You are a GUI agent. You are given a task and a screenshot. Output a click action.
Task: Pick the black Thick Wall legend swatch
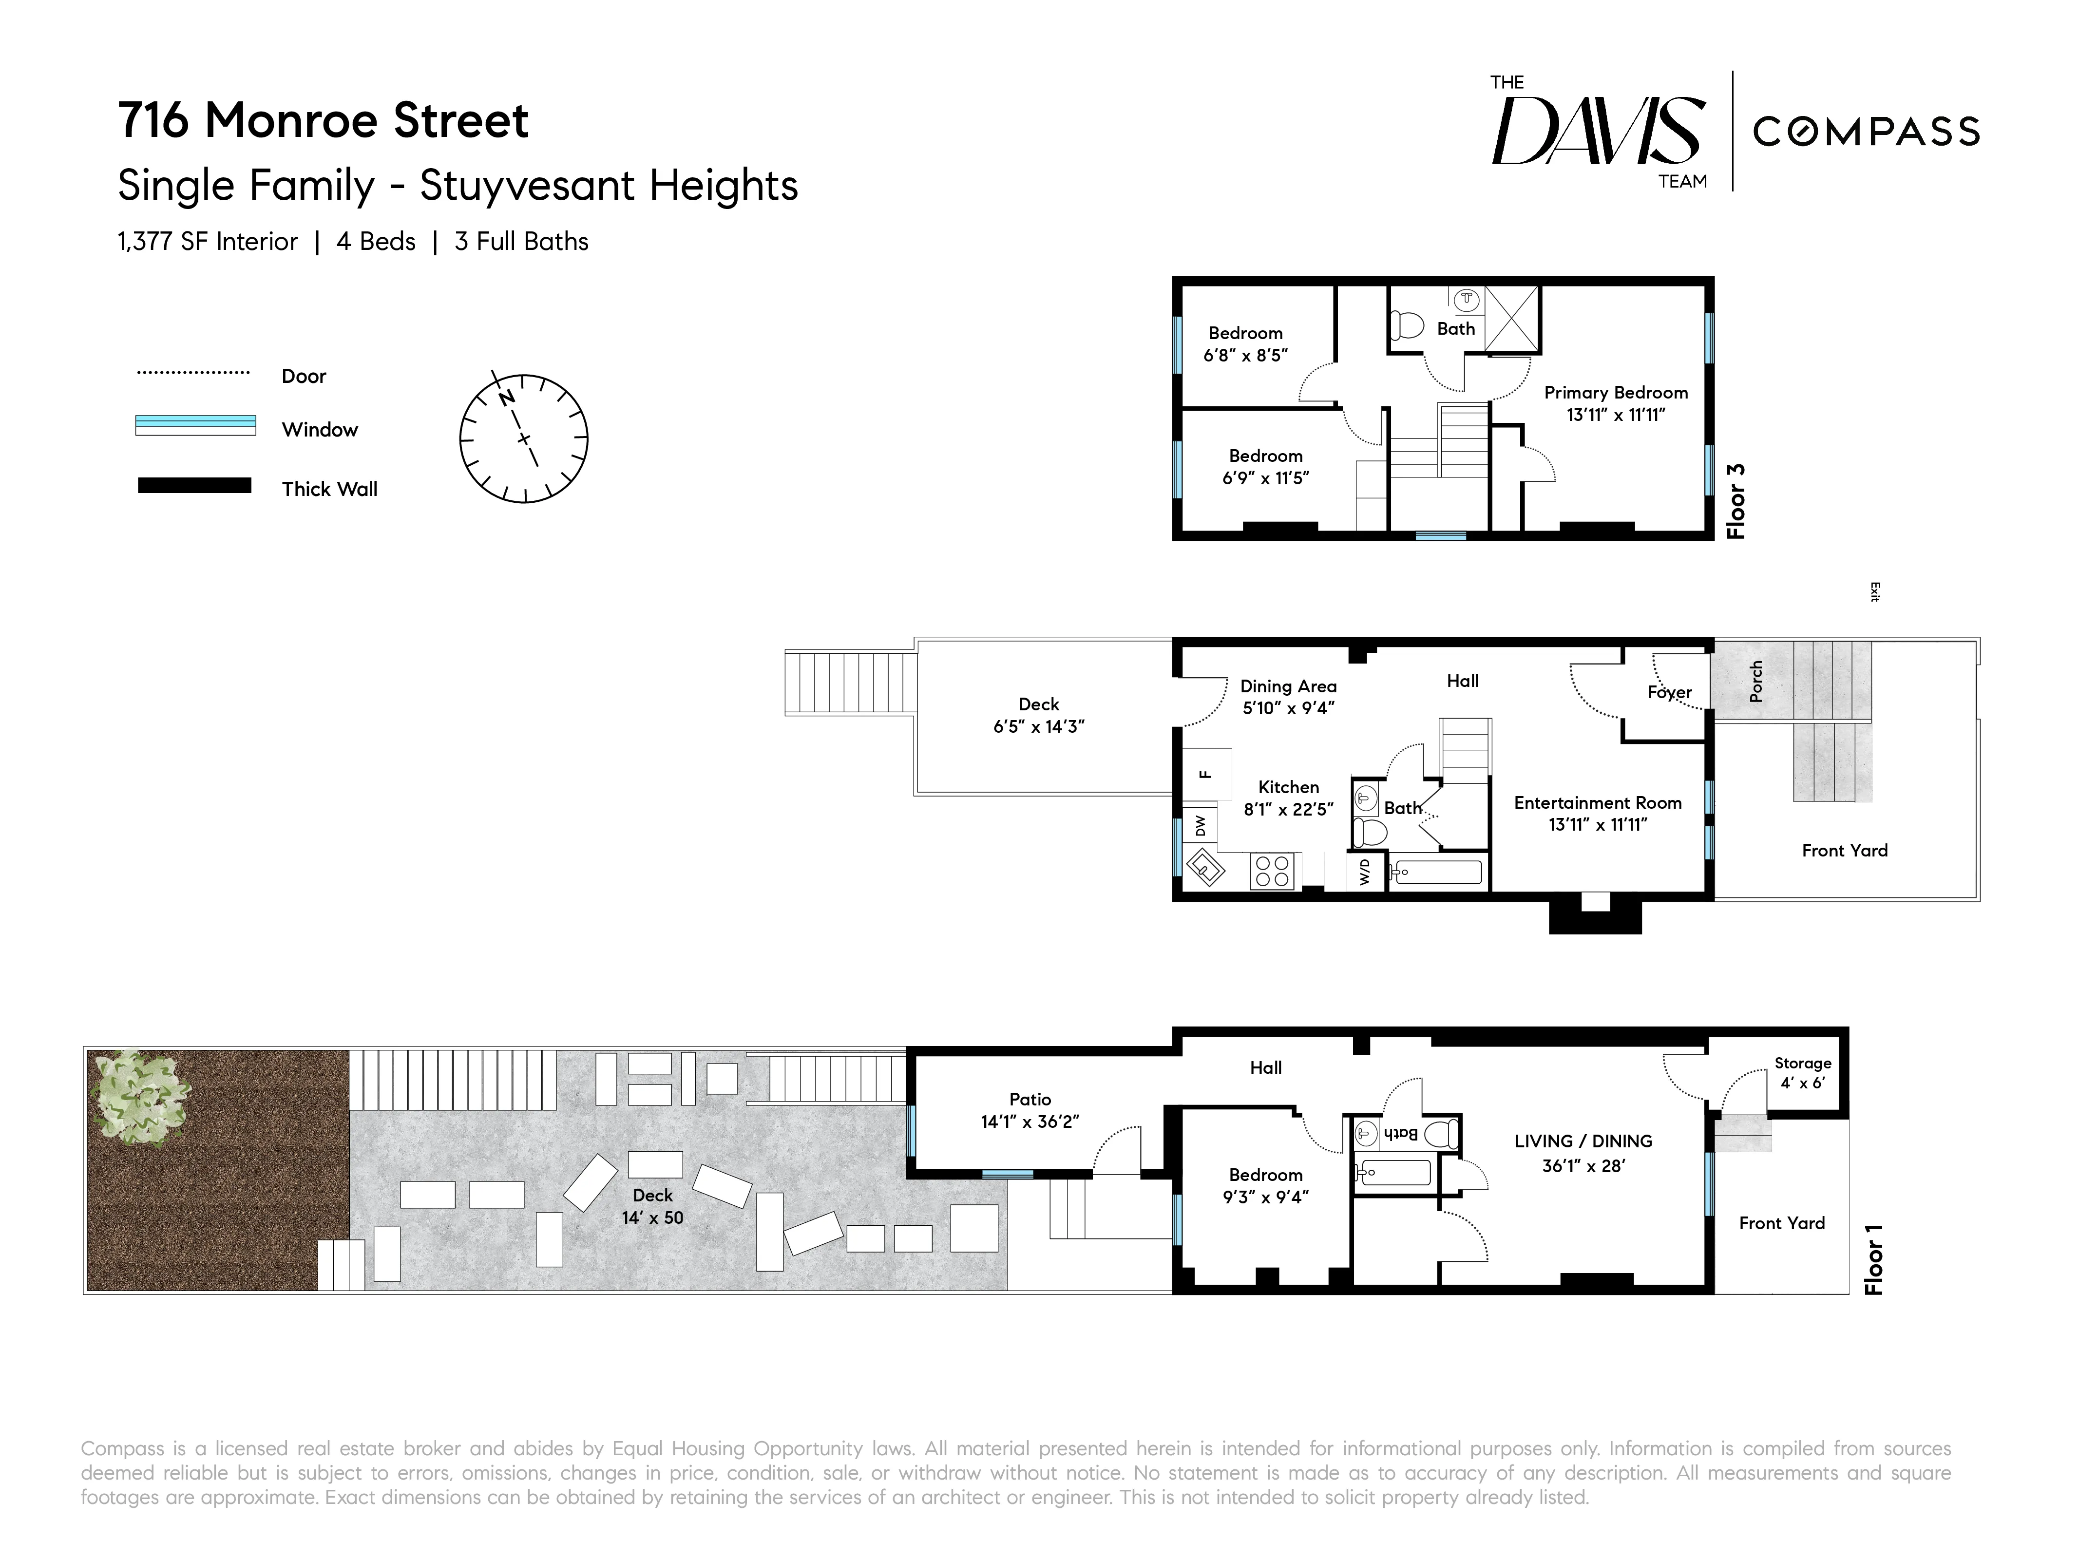[194, 486]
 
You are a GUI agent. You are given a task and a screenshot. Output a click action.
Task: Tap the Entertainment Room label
[1597, 802]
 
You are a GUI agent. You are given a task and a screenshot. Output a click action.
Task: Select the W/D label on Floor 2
[1365, 871]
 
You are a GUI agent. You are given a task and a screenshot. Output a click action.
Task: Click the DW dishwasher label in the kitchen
[1200, 825]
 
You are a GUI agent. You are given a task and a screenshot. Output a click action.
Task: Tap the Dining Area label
[1288, 686]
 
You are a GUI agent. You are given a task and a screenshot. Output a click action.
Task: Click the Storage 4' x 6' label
[1802, 1072]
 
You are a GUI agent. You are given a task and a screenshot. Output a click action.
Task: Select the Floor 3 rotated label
[1736, 501]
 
